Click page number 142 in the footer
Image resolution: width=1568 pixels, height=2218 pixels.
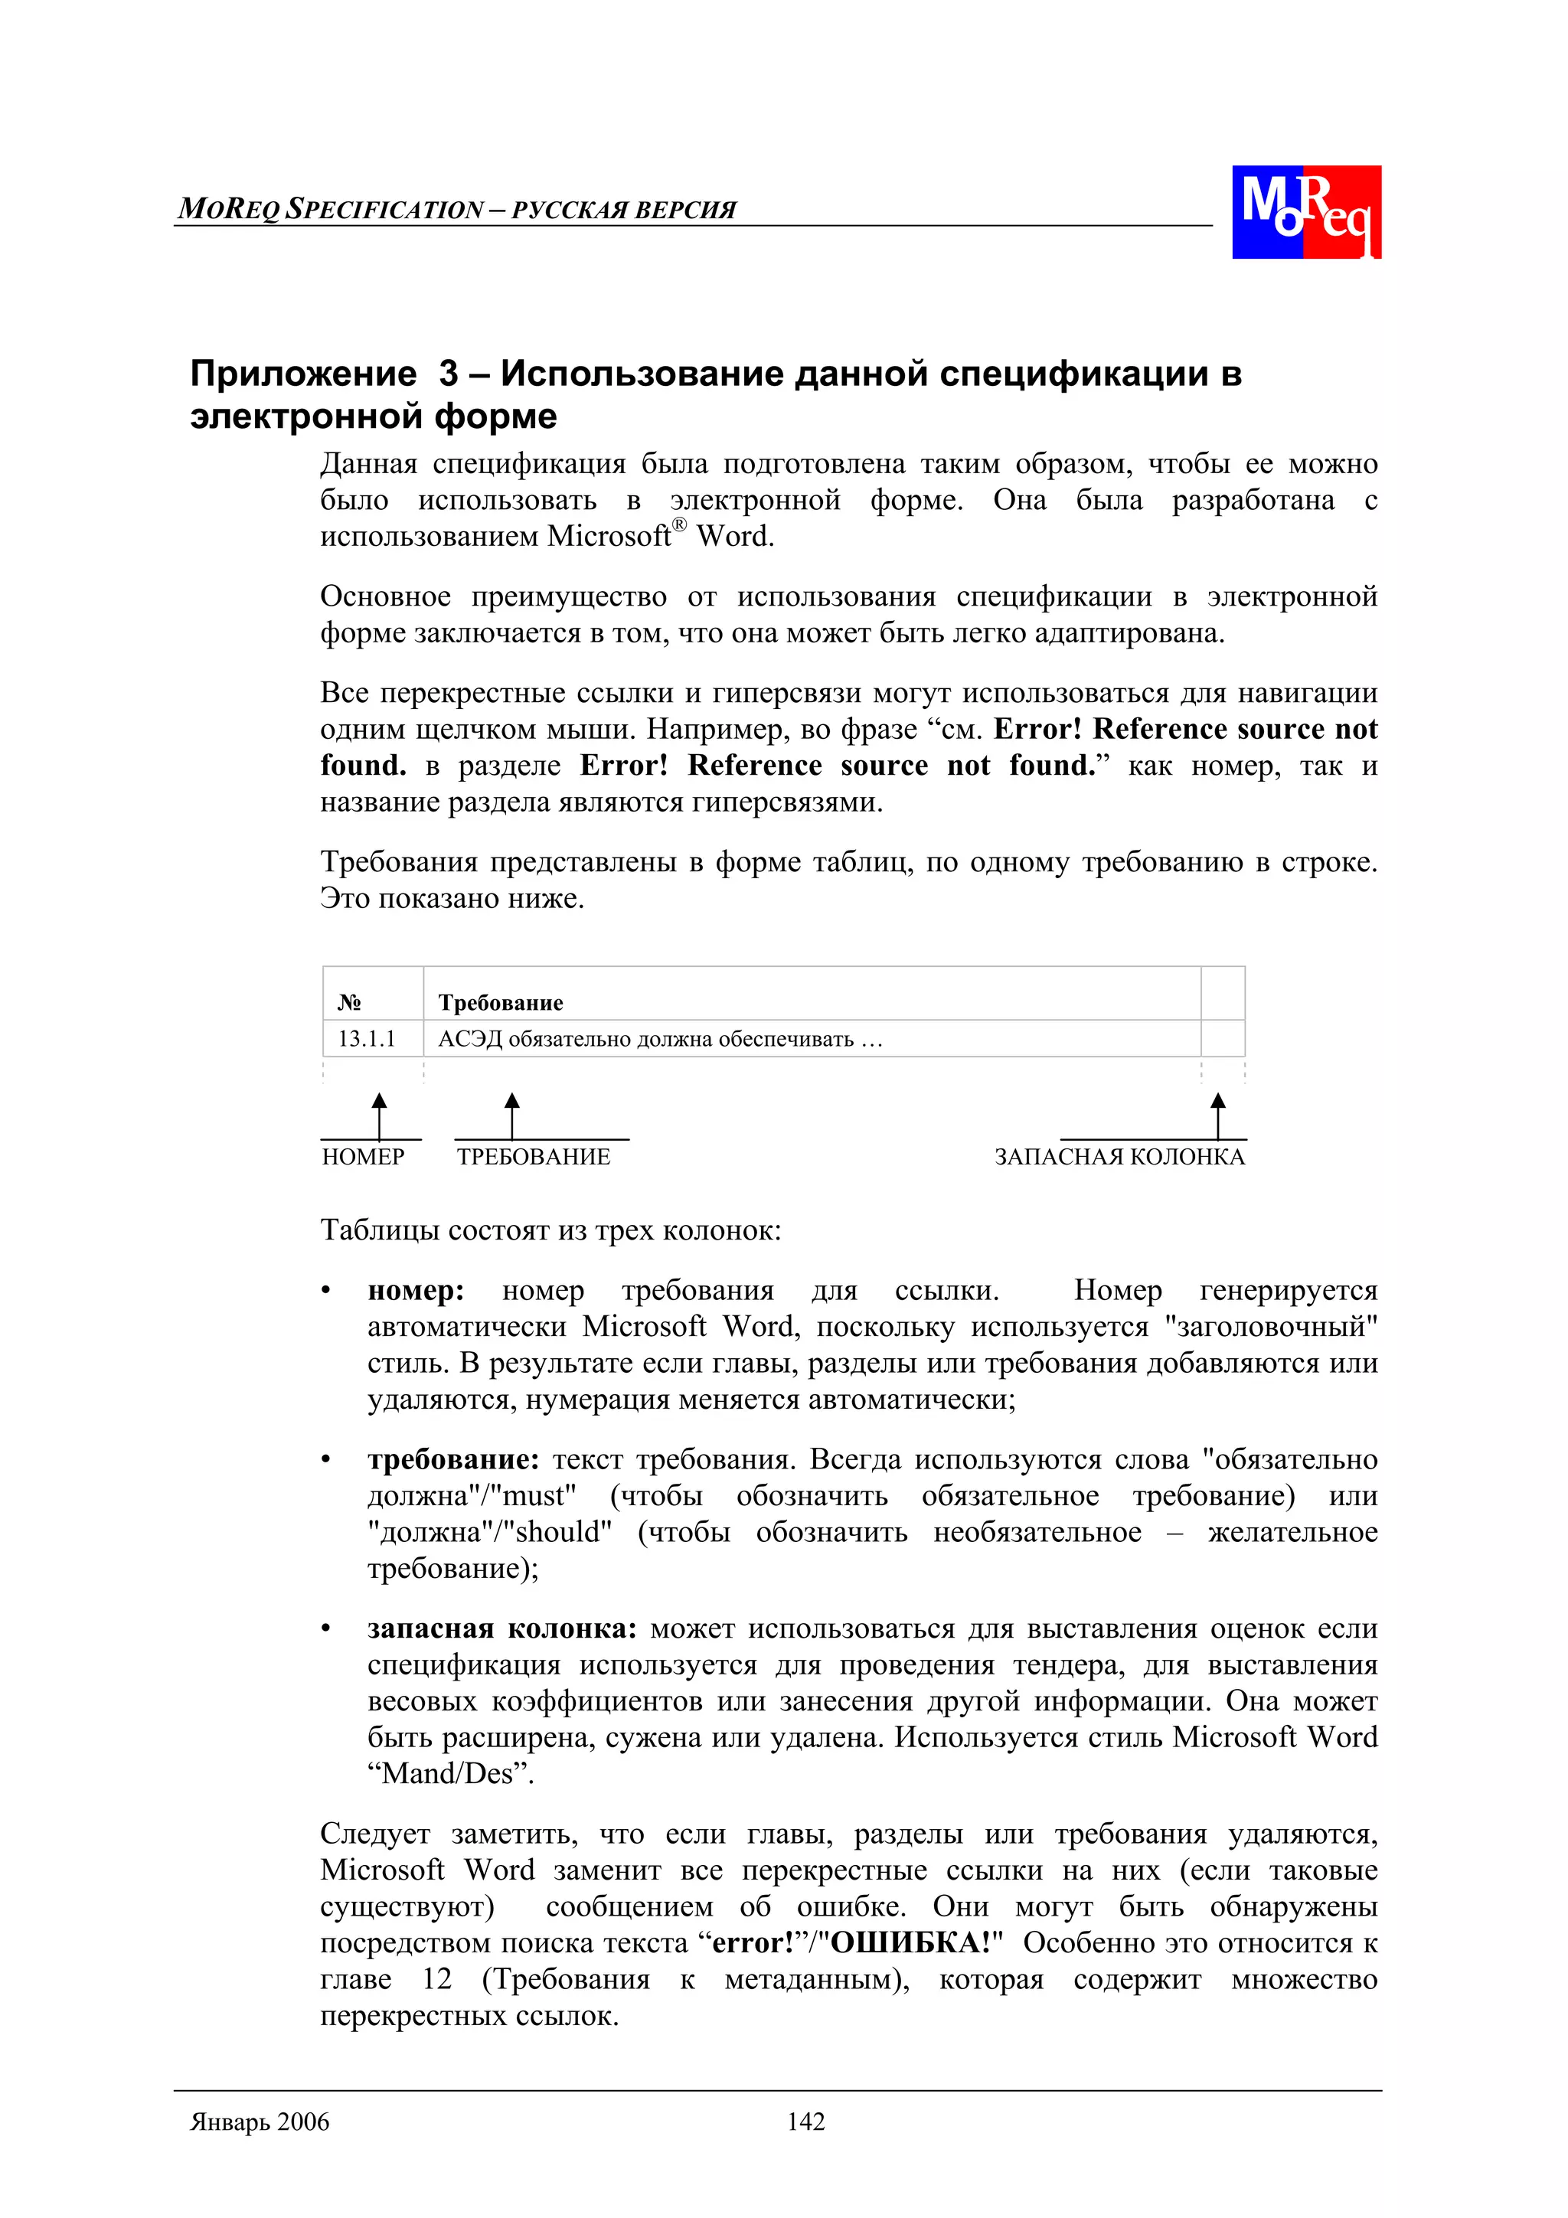click(805, 2122)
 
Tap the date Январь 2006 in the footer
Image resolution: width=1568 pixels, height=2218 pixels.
click(260, 2122)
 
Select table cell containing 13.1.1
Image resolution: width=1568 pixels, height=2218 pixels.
click(367, 1038)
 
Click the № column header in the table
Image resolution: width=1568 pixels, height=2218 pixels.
click(350, 1001)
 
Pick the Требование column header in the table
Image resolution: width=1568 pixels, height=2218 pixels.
click(501, 1001)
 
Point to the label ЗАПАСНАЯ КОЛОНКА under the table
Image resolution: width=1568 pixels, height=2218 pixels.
click(1119, 1156)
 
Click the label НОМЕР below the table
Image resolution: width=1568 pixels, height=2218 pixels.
click(363, 1156)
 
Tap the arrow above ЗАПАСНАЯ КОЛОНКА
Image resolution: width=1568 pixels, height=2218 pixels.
click(1217, 1115)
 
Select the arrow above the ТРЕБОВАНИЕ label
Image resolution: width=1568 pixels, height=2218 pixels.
click(512, 1115)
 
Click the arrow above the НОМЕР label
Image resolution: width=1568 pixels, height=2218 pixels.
click(380, 1115)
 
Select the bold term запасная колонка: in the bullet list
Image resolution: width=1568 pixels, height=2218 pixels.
click(501, 1628)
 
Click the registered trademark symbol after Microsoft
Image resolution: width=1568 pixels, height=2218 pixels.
click(679, 524)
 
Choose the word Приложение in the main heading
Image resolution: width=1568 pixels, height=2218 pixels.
click(302, 373)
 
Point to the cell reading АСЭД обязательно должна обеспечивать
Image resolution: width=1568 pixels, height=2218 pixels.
click(660, 1038)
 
